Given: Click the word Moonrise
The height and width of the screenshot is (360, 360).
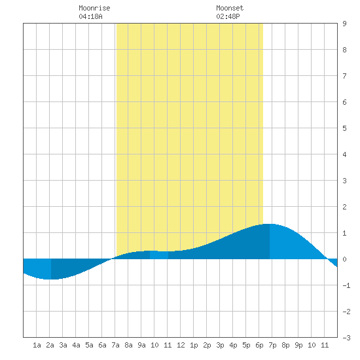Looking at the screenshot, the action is point(94,8).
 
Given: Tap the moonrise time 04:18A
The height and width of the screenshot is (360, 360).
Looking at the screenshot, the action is point(90,16).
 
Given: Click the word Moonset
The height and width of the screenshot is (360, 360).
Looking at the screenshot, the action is point(230,8).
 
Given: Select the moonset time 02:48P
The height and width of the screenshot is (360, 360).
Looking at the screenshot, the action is point(228,16).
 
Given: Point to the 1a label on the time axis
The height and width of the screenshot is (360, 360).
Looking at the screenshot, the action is point(37,345).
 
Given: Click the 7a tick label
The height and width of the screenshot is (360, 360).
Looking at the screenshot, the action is point(115,345).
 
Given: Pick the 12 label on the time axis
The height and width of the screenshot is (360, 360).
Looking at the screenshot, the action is point(181,345).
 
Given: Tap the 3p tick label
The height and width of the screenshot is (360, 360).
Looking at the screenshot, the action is point(220,345).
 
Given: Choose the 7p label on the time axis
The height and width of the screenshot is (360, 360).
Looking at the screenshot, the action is point(272,345).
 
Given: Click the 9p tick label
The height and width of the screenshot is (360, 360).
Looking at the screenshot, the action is point(298,345).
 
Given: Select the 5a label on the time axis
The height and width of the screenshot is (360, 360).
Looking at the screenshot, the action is point(89,345).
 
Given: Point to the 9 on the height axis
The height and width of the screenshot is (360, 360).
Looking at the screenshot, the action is point(344,24).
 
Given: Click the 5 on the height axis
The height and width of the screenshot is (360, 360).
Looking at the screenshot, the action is point(344,128).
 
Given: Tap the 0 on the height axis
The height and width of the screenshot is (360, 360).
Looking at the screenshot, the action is point(344,259).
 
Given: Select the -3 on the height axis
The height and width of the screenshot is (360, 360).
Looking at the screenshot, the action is point(346,338).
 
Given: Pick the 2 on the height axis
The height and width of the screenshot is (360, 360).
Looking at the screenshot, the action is point(344,207).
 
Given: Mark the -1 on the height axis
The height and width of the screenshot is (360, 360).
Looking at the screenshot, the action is point(346,285).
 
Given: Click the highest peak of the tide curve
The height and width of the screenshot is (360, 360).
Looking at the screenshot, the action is point(269,224).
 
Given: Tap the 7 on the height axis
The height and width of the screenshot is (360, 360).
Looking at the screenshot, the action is point(344,76).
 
